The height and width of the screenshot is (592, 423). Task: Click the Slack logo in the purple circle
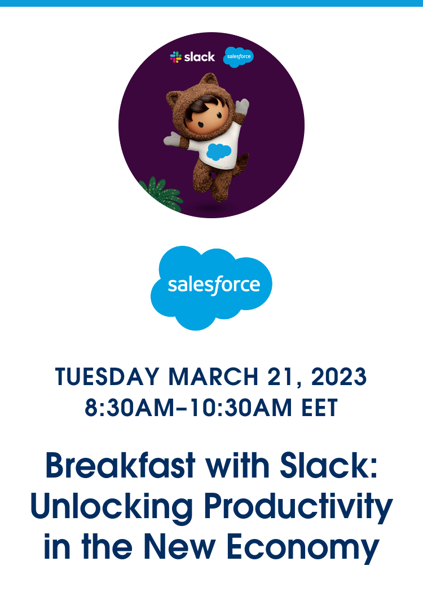[x=192, y=56]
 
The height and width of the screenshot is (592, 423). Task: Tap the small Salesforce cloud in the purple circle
[x=238, y=57]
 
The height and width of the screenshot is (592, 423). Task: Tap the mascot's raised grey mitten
[x=242, y=106]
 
